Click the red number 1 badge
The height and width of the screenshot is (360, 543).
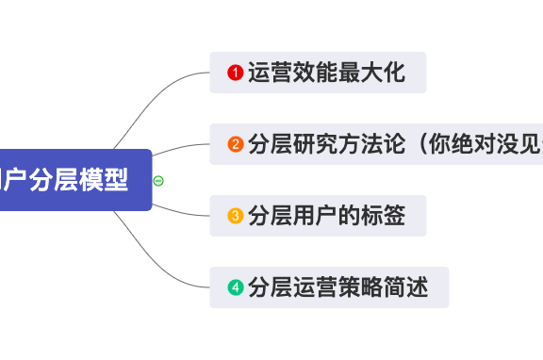click(236, 73)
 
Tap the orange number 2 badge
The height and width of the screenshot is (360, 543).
click(236, 144)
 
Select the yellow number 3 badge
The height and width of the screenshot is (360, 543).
click(236, 216)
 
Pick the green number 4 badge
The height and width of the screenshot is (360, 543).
click(236, 287)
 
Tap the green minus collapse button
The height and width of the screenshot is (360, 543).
click(158, 180)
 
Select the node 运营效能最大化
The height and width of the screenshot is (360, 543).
click(318, 73)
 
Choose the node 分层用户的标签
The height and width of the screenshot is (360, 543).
click(318, 216)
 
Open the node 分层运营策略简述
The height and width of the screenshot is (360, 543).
click(329, 287)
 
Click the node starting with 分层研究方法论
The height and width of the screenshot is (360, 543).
click(377, 144)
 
